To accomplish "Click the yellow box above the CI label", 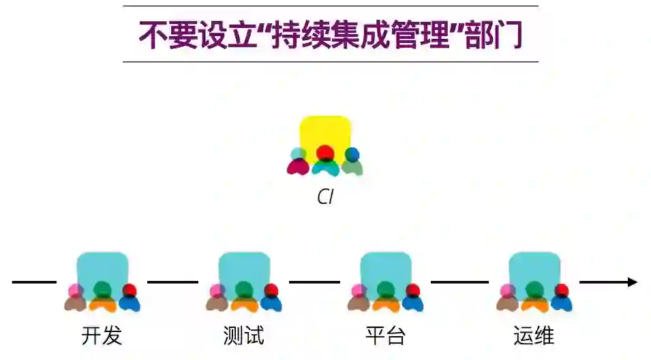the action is tap(326, 134).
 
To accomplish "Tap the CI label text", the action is tap(326, 198).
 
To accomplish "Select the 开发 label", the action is tap(102, 336).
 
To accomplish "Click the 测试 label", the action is tap(243, 336).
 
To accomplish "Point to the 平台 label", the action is tap(385, 336).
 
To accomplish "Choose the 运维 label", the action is tap(534, 336).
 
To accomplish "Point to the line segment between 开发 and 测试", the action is tap(172, 282).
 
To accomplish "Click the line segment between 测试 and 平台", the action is tap(314, 282).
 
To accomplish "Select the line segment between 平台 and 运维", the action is tap(459, 282).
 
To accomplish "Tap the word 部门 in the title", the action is tap(493, 34).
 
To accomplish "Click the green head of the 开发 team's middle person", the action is tap(102, 289).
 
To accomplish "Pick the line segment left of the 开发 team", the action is tap(34, 282).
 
